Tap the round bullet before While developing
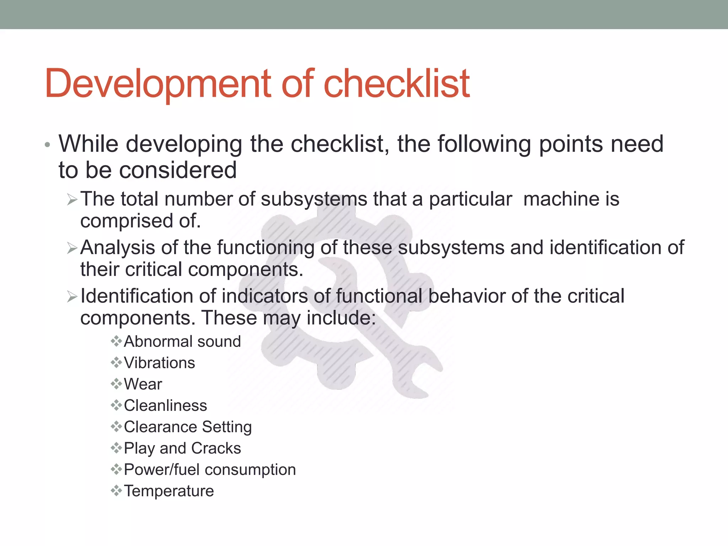48,145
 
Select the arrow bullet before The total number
72,200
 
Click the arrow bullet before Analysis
72,248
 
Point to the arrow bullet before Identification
72,296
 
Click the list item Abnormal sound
182,342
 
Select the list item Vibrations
159,363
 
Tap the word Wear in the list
143,384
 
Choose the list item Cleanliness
165,406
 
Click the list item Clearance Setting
188,427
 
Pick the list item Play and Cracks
182,448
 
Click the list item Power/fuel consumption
210,470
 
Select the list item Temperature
169,491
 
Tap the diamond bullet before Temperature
116,491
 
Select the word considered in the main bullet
178,170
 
